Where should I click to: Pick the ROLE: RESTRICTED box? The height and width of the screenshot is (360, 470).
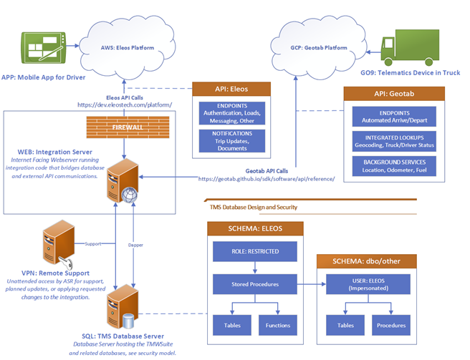(x=255, y=252)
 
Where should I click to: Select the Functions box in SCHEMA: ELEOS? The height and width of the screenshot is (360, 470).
(x=278, y=324)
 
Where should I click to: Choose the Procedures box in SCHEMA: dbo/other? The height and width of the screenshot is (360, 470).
(x=392, y=324)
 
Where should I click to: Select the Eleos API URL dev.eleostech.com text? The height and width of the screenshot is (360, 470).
(x=126, y=105)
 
